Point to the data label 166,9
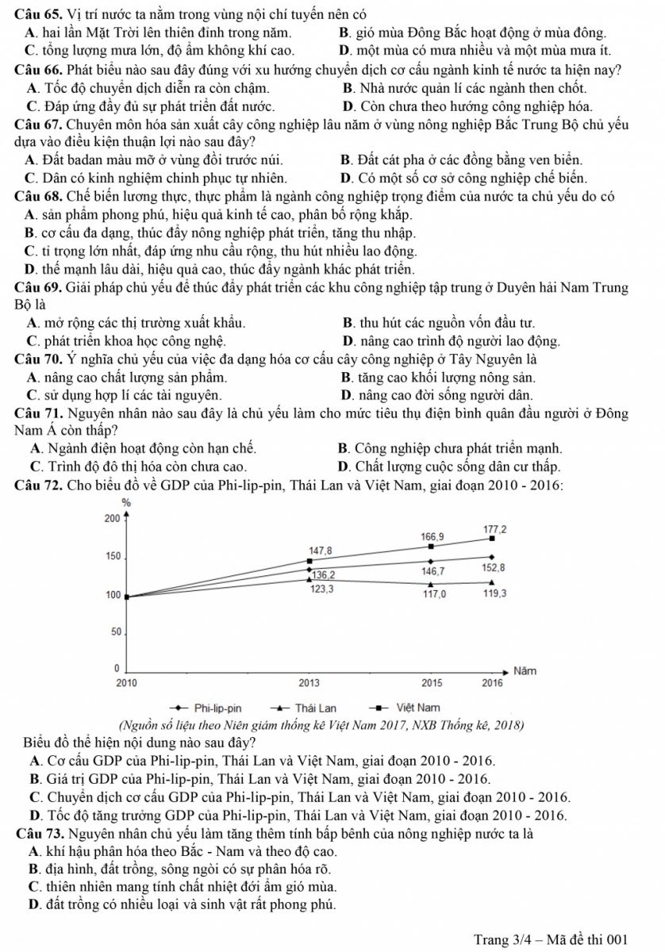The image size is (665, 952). point(433,537)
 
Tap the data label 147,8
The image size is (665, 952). point(321,550)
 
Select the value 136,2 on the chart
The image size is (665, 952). point(323,574)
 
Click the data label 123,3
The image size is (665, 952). point(321,589)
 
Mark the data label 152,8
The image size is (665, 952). point(494,568)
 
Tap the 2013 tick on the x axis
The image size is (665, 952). point(309,682)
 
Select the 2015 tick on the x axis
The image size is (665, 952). point(432,682)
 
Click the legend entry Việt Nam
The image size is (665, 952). point(417,707)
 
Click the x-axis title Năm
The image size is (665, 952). point(525,670)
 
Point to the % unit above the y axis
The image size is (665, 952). point(125,502)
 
